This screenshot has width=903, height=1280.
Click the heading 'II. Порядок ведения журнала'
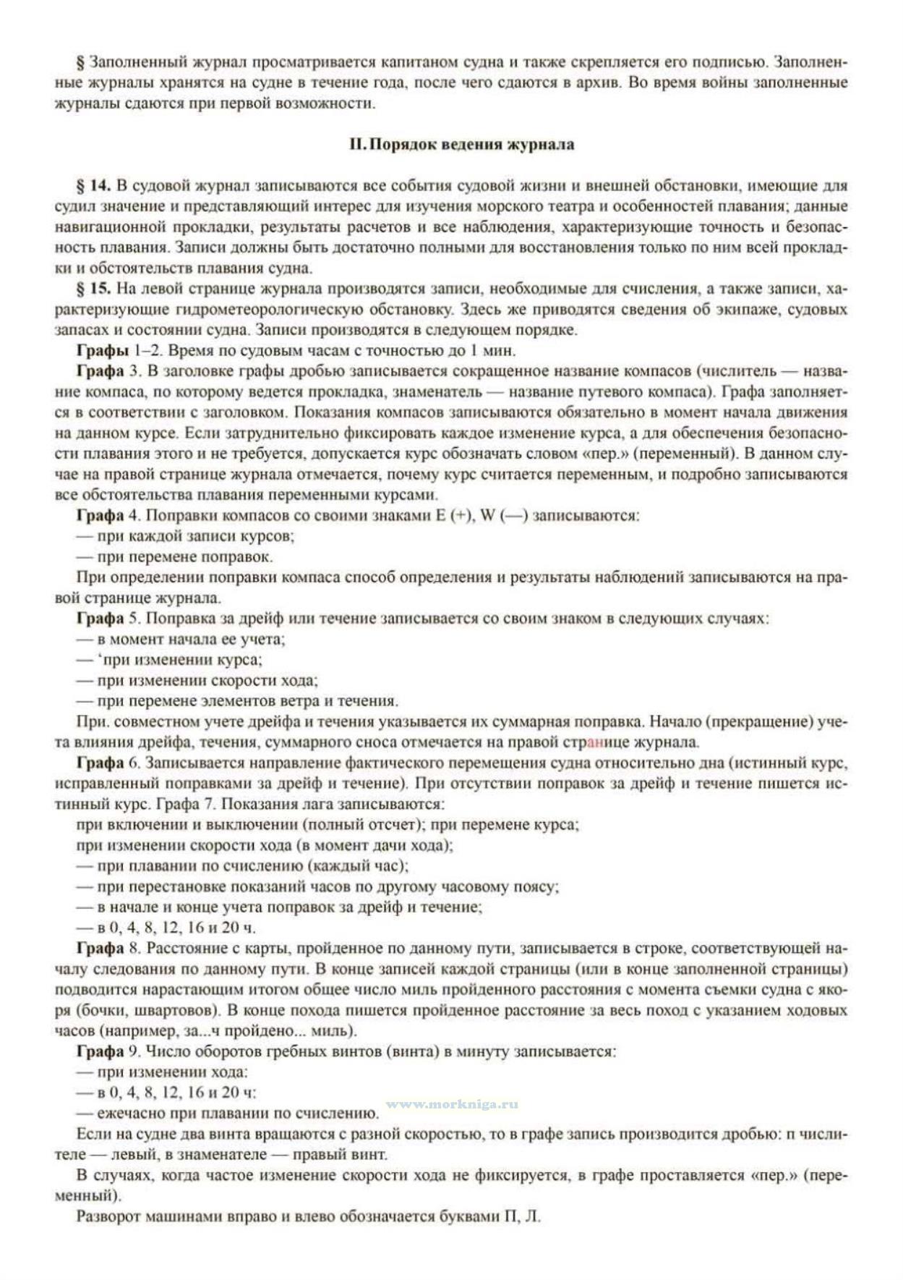pos(461,144)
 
